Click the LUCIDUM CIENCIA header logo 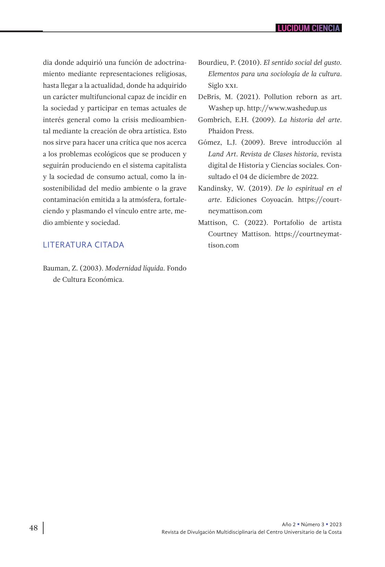pos(309,28)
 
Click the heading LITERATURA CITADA pos(83,245)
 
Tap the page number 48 pos(34,528)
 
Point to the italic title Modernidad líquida pos(134,268)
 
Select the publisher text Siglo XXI pos(222,85)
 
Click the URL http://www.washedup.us pos(287,108)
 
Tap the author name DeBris pos(209,97)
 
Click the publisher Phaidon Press pos(231,131)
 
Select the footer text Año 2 pos(288,524)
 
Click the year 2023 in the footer pos(336,524)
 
